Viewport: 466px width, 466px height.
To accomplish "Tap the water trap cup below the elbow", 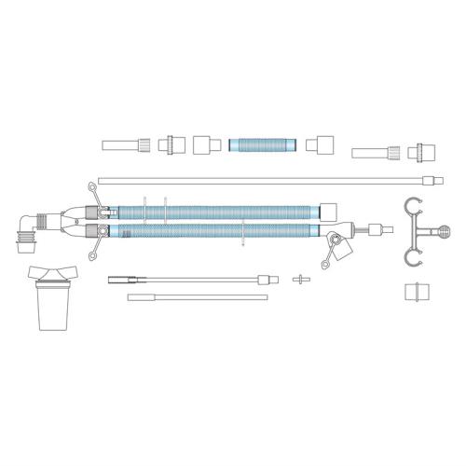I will coord(55,308).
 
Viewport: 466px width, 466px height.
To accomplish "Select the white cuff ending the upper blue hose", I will coord(327,209).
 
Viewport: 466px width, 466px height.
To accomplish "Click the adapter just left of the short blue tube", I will coord(205,144).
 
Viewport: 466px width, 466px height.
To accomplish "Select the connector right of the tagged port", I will coord(377,228).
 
